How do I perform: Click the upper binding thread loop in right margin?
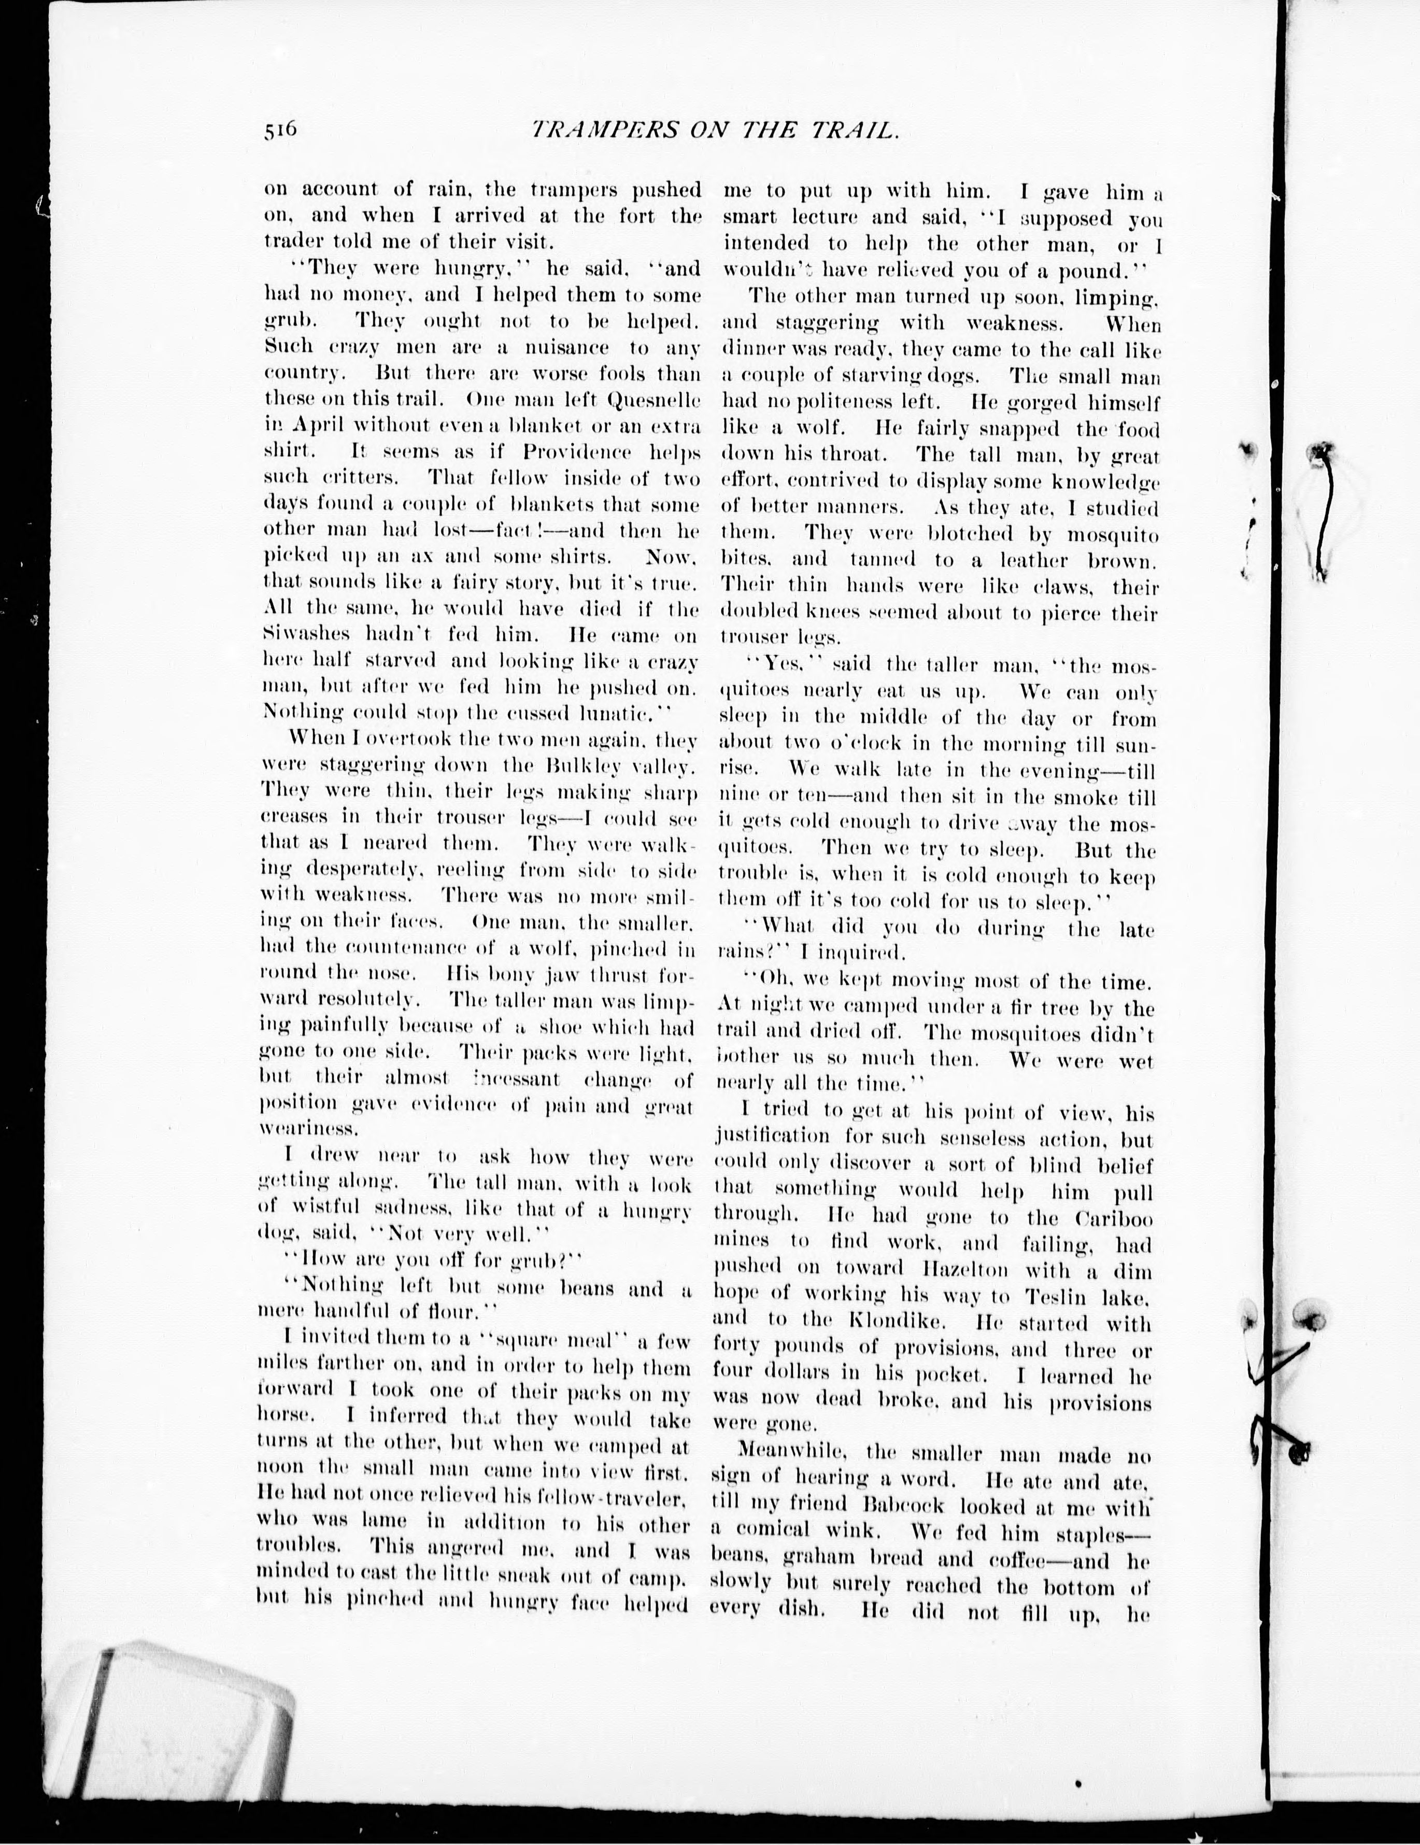pyautogui.click(x=1324, y=507)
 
